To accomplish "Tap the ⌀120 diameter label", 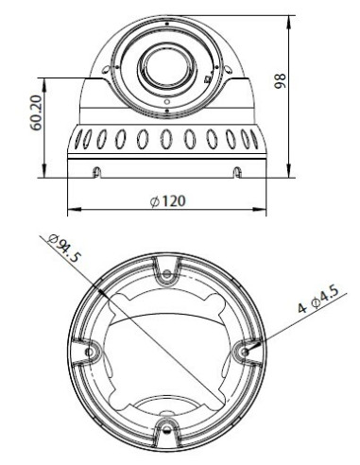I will coord(167,201).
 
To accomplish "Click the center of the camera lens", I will coord(165,66).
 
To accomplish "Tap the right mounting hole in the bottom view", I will coord(247,352).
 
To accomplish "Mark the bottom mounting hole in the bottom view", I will coord(167,431).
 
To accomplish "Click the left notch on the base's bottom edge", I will coord(97,171).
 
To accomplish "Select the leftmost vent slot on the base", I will coord(77,138).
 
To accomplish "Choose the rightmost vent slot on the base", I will coord(254,138).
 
